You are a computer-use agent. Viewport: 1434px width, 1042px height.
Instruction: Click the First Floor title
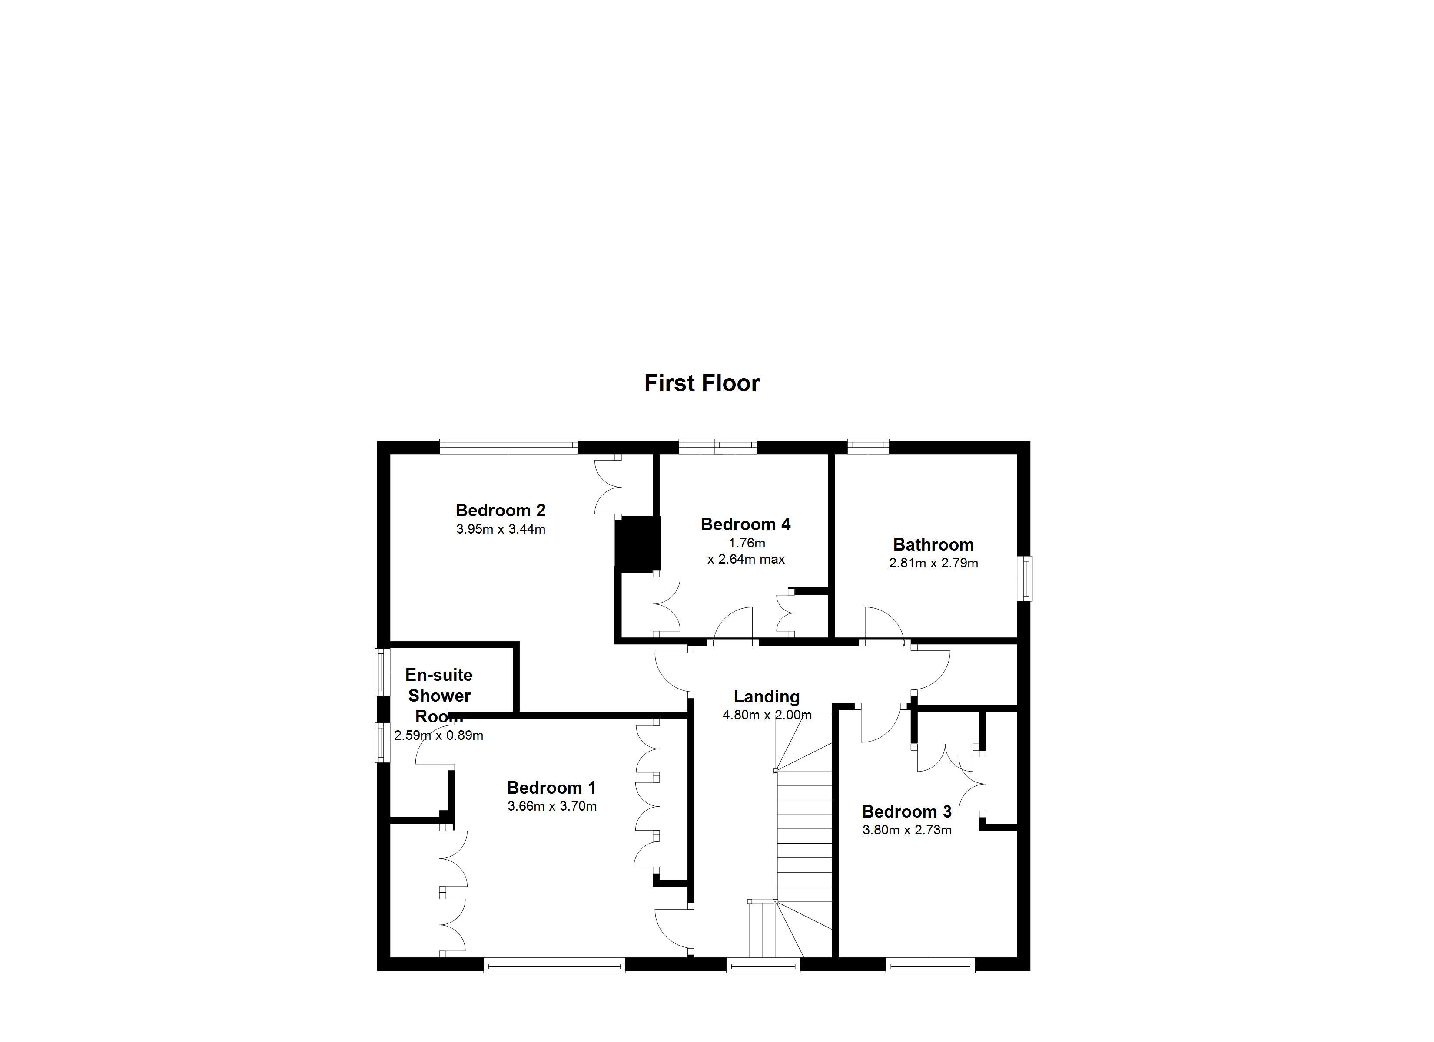coord(701,383)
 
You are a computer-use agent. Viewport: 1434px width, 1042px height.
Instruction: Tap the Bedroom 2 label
coord(500,510)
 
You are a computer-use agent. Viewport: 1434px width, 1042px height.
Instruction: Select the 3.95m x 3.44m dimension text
coord(500,530)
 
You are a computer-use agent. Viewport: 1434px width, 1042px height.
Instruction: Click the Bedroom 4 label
coord(745,524)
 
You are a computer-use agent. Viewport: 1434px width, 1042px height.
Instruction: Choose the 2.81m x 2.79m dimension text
coord(933,563)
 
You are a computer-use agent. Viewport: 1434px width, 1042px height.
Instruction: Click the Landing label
coord(766,696)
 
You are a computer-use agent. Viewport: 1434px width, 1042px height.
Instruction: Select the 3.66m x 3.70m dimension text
coord(551,806)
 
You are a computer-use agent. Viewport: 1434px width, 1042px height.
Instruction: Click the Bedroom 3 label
coord(907,811)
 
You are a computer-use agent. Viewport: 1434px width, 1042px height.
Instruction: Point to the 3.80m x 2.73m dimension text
coord(907,830)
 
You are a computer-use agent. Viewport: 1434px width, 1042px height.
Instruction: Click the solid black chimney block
coord(638,544)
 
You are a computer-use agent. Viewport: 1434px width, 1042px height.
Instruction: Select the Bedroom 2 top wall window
coord(508,447)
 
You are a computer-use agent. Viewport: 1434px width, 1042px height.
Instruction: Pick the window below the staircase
coord(763,964)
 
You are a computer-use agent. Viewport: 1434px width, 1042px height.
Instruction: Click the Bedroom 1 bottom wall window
coord(554,964)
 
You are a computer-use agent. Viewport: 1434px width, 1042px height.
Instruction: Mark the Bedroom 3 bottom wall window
coord(929,964)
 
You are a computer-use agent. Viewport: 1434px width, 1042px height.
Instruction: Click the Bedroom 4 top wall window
coord(717,447)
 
